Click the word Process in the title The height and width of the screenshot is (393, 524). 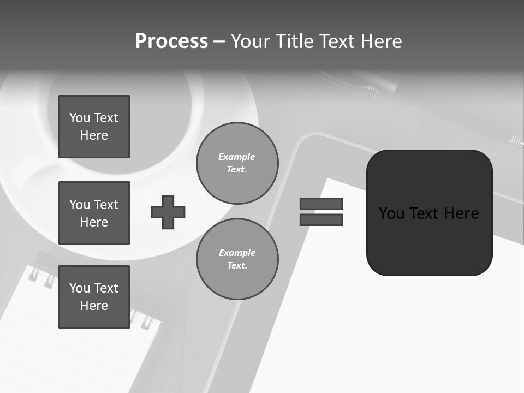171,41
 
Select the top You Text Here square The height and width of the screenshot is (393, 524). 94,127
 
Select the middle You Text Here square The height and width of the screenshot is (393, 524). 94,213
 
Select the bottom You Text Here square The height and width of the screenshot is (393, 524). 94,297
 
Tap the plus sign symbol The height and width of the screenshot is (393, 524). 168,212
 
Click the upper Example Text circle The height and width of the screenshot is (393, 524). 237,163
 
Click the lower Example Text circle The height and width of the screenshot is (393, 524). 237,259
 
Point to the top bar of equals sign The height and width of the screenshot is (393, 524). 321,204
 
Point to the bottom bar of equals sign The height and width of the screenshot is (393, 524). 321,219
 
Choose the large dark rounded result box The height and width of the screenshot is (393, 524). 429,213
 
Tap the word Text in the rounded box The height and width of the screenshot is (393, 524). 425,213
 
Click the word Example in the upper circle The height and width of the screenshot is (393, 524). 237,157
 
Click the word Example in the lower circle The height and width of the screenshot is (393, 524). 237,253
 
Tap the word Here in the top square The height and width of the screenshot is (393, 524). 94,135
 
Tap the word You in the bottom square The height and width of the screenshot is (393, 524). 80,288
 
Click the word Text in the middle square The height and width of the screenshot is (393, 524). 106,205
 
